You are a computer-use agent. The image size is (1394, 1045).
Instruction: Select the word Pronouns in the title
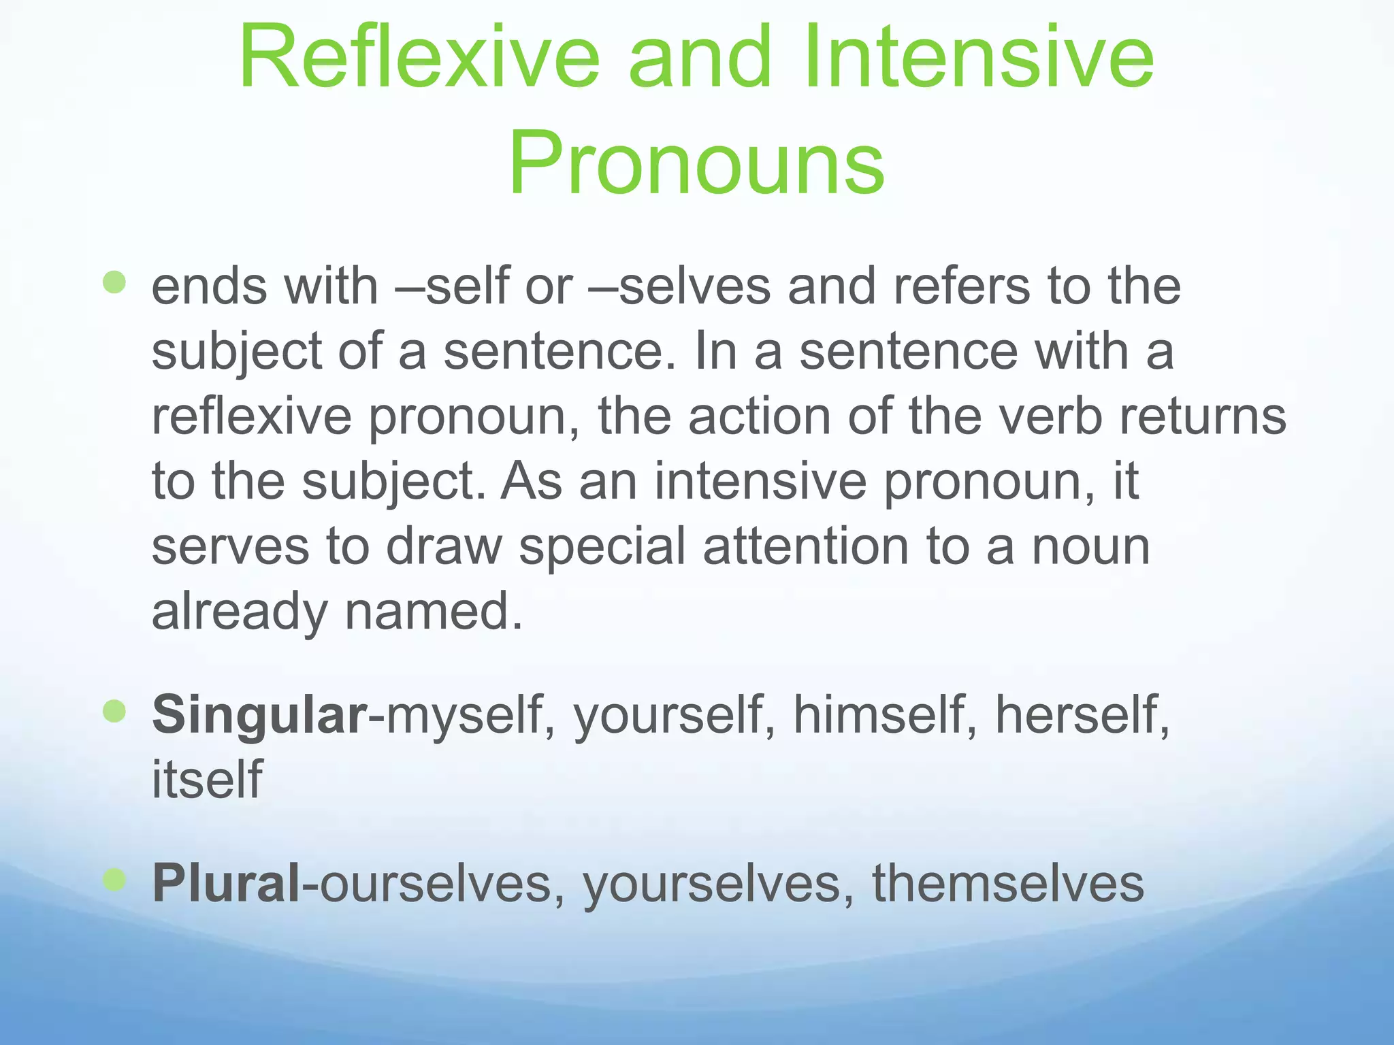[696, 164]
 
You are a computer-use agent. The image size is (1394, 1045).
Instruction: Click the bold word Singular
[259, 715]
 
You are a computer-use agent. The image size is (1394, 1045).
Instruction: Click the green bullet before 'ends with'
[115, 282]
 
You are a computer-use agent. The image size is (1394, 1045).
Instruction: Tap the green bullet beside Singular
[115, 712]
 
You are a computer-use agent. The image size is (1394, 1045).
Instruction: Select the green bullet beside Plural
[115, 880]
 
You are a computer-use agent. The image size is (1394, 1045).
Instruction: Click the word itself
[207, 780]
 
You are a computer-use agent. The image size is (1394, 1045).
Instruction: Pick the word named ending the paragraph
[434, 611]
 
